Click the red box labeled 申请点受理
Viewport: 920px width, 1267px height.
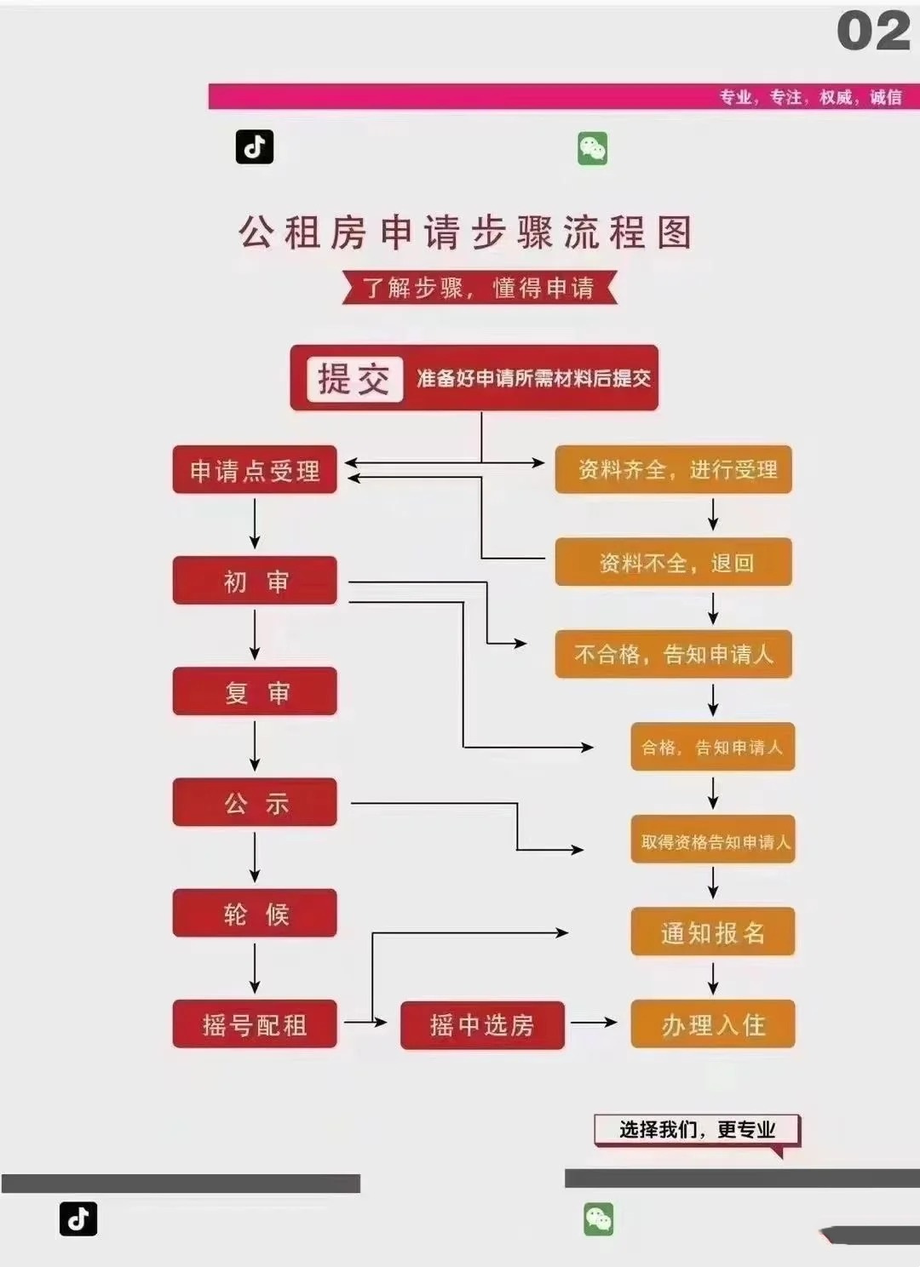click(x=255, y=470)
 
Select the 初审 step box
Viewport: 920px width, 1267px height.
click(x=255, y=581)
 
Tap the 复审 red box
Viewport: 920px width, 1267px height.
click(x=255, y=691)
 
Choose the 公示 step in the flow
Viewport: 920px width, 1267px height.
click(x=255, y=802)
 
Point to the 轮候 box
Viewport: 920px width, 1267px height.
click(x=255, y=913)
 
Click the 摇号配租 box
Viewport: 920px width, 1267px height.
click(x=255, y=1023)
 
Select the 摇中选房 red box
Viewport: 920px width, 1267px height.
click(x=482, y=1024)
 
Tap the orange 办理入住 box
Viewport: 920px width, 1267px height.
click(x=713, y=1023)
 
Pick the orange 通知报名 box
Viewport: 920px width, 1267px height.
click(x=713, y=932)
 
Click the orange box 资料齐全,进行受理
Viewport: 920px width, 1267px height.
click(x=674, y=469)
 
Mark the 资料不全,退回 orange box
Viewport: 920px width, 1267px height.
click(x=674, y=562)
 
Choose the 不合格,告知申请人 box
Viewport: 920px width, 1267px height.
click(x=674, y=654)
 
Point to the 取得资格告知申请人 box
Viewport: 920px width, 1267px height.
click(x=713, y=840)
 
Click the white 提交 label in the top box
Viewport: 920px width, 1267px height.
click(x=354, y=379)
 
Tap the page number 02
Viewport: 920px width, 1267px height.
click(x=873, y=32)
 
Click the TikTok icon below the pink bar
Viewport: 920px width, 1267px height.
click(x=255, y=147)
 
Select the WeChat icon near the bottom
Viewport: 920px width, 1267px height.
click(x=599, y=1219)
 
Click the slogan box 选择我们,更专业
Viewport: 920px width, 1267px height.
click(x=697, y=1130)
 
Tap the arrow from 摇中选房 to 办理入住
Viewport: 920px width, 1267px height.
click(x=594, y=1022)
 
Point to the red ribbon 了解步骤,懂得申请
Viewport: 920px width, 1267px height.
click(x=479, y=288)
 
